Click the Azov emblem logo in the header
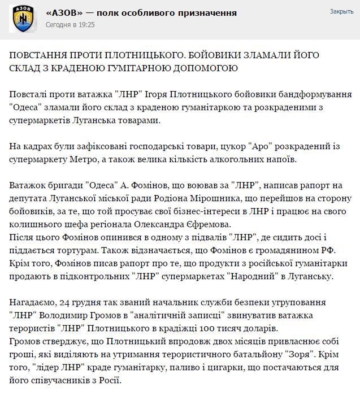[21, 19]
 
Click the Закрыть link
[341, 11]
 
